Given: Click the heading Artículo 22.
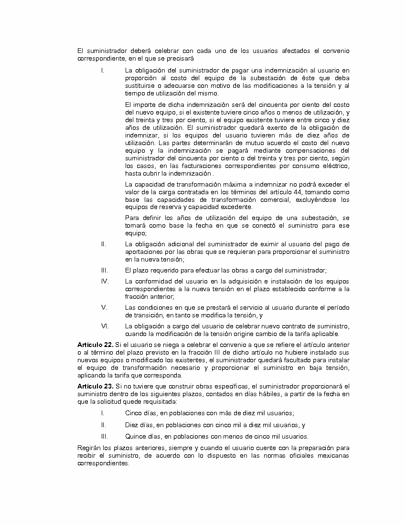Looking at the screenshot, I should pos(95,345).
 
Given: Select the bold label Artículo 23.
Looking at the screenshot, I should pos(95,386).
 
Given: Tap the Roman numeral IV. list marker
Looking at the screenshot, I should pos(105,281).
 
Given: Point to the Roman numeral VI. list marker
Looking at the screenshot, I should pos(105,326).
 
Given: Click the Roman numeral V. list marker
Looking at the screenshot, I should pos(104,307).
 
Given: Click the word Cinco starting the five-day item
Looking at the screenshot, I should pos(134,413).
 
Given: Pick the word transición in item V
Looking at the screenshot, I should pos(143,315).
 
